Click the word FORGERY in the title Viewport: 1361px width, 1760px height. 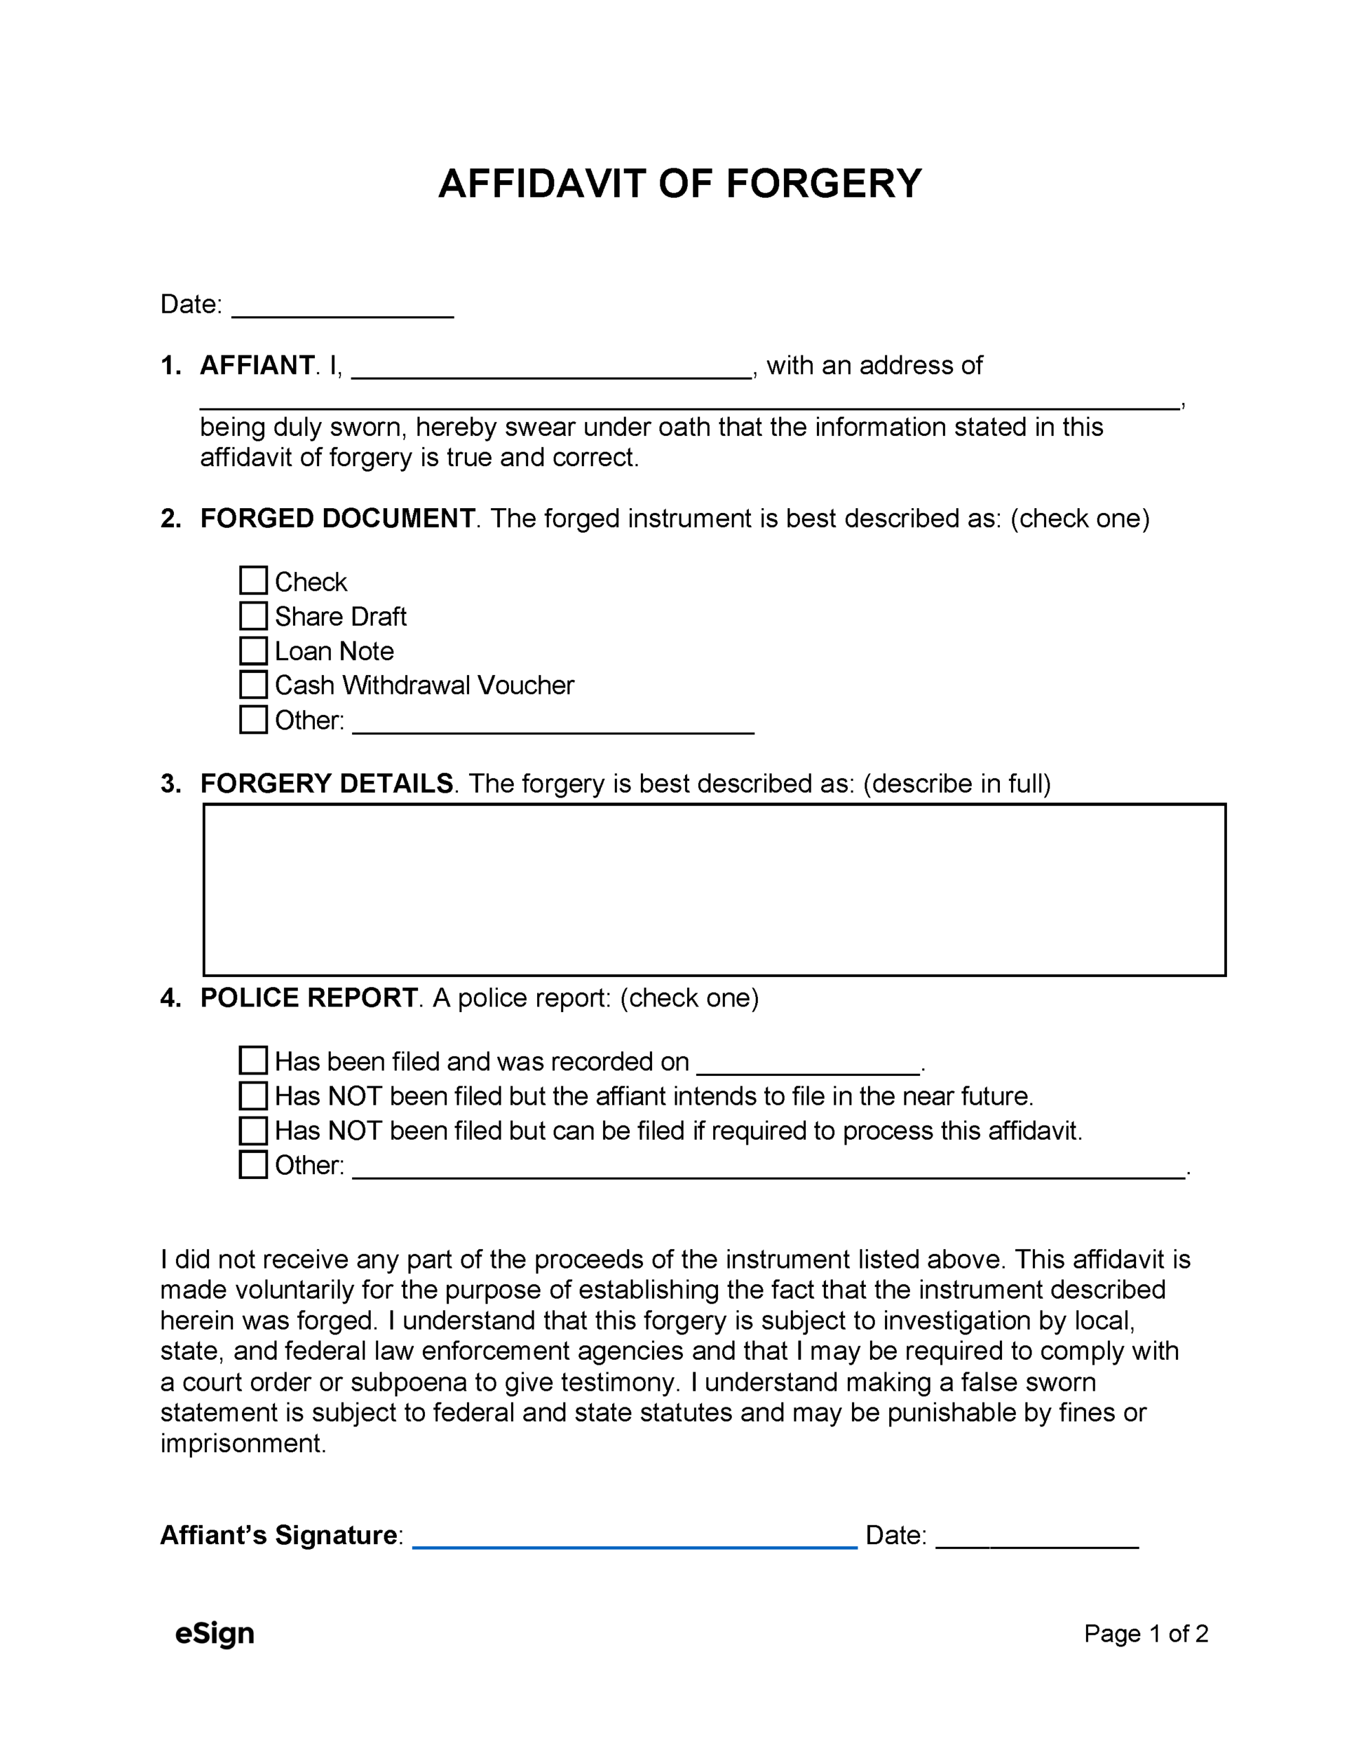coord(823,184)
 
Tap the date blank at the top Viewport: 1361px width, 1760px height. coord(342,306)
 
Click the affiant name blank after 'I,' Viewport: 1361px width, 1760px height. coord(552,368)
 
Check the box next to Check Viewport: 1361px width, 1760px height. coord(253,580)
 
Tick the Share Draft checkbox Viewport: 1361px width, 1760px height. coord(253,616)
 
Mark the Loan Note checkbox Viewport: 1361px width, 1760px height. coord(253,650)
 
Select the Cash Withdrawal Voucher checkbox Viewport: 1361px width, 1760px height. coord(253,684)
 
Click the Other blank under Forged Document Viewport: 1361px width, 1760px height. coord(553,722)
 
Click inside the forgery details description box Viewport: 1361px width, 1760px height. coord(714,889)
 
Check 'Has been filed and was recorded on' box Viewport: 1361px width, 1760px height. coord(253,1061)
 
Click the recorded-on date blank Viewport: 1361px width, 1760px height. coord(807,1064)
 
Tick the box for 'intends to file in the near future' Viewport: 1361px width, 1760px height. coord(253,1095)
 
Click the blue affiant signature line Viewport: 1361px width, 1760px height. coord(635,1536)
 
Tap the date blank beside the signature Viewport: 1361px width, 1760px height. coord(1037,1537)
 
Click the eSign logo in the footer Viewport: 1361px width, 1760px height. coord(215,1633)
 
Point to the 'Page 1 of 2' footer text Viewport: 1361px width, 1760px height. coord(1146,1633)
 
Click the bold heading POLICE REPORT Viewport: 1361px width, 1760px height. coord(308,998)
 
